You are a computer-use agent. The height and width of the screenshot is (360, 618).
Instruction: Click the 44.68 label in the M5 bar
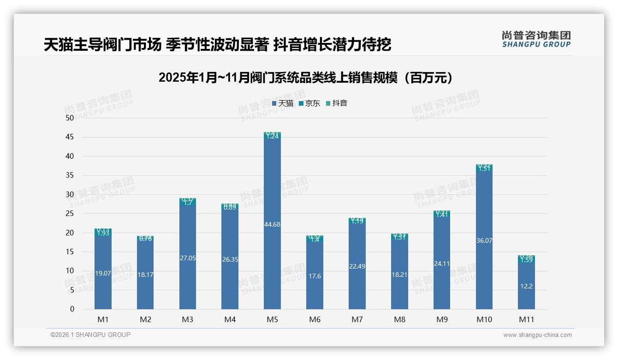(x=272, y=225)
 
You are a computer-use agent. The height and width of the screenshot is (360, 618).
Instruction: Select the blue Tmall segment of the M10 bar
(x=484, y=258)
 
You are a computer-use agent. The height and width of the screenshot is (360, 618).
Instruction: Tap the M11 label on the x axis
(x=526, y=319)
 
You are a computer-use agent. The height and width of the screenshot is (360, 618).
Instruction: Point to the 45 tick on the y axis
(x=70, y=137)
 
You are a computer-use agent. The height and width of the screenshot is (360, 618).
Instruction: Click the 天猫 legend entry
(x=283, y=103)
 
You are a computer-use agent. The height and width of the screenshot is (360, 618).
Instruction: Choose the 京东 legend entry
(x=309, y=103)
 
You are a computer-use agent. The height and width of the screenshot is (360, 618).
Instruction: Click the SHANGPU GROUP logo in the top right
(x=536, y=39)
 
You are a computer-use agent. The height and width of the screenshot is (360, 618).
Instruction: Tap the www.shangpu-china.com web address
(x=537, y=335)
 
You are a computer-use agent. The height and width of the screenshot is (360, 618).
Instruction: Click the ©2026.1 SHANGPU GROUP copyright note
(x=90, y=335)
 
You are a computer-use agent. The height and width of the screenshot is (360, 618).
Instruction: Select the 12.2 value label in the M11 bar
(x=526, y=287)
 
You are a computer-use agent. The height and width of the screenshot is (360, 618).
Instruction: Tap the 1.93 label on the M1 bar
(x=103, y=234)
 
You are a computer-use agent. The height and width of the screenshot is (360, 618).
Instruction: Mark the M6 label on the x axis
(x=315, y=319)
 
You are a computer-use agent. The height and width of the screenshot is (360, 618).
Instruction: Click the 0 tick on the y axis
(x=72, y=309)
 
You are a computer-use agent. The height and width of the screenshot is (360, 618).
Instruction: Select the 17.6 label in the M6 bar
(x=315, y=276)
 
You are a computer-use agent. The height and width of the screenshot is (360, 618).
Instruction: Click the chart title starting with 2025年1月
(x=305, y=78)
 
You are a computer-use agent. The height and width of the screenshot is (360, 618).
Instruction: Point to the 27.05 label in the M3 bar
(x=188, y=258)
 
